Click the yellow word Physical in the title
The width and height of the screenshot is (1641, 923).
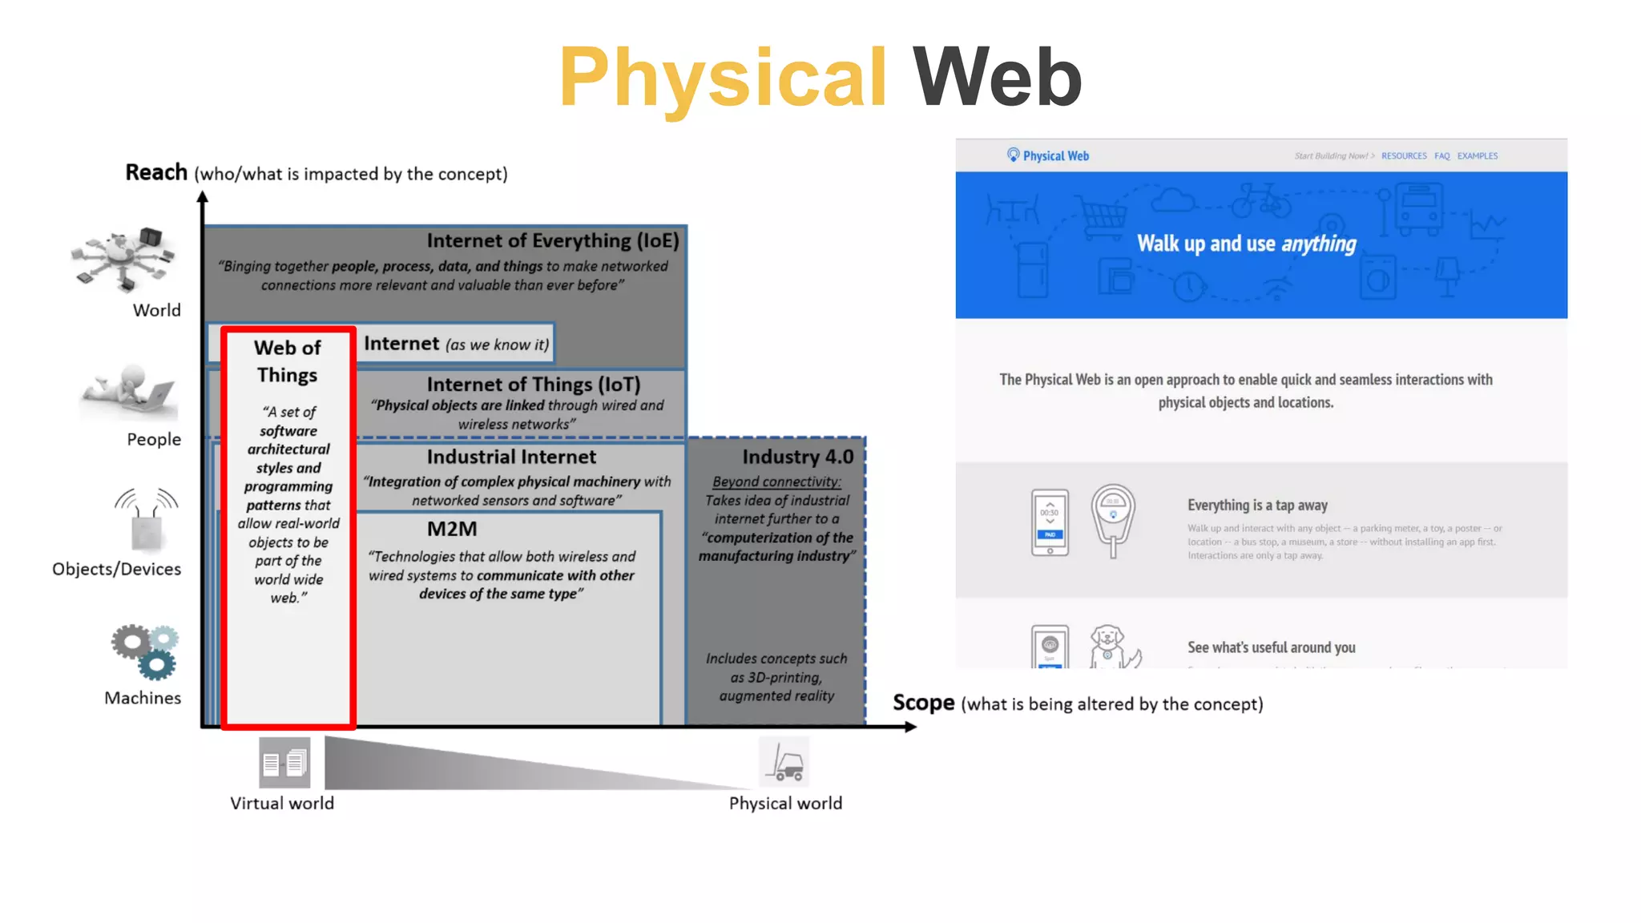(x=723, y=78)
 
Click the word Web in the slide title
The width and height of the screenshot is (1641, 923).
(x=997, y=78)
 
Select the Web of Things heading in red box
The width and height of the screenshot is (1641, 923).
(x=288, y=361)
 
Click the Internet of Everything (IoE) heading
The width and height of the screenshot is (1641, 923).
(x=552, y=240)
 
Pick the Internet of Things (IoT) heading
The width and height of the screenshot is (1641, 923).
(x=533, y=385)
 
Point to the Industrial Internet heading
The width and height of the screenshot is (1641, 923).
(x=511, y=457)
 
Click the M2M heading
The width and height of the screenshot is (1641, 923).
(x=452, y=529)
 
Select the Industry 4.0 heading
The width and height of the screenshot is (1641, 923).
(x=797, y=457)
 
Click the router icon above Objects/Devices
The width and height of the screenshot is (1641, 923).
(x=147, y=520)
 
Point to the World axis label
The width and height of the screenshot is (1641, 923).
(x=156, y=310)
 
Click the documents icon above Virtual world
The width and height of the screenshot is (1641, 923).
(x=284, y=763)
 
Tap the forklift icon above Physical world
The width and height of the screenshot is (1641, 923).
(x=784, y=762)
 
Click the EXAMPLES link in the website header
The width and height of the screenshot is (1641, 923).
(x=1477, y=156)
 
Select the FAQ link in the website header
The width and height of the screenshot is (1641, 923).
(x=1441, y=156)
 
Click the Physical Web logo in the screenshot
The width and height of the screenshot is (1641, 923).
(x=1048, y=155)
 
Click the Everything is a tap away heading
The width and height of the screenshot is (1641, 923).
(x=1256, y=506)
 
